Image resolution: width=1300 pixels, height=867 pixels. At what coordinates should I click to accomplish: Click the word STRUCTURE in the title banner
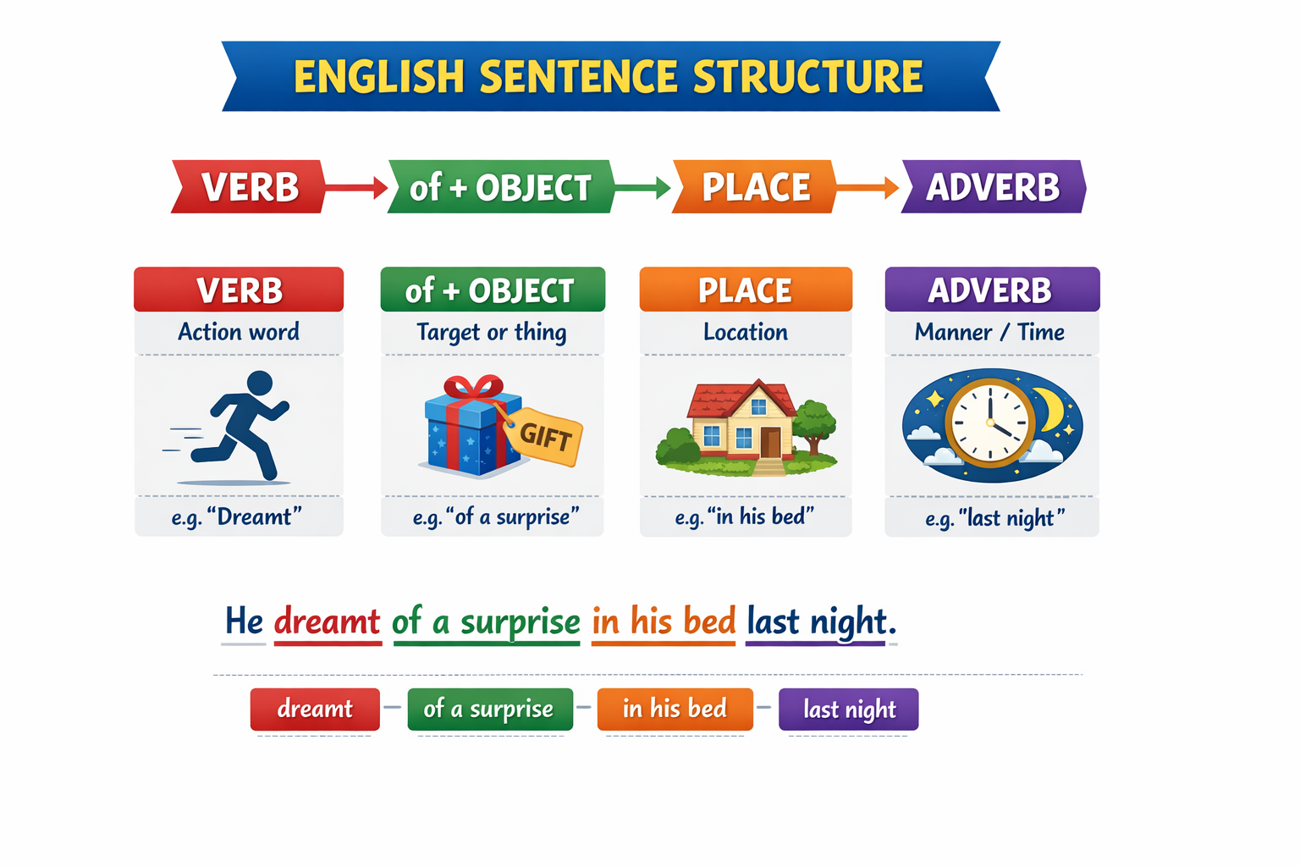pos(808,76)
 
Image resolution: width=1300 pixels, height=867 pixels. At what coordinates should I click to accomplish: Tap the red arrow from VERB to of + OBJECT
pos(355,187)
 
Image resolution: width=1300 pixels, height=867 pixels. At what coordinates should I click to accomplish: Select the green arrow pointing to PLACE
pos(642,187)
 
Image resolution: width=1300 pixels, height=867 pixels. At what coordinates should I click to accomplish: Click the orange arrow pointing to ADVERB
pos(868,187)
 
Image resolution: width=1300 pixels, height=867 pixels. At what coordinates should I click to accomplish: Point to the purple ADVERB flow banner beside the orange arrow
pos(994,186)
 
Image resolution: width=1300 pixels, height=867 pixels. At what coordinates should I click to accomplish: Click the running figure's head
pos(260,384)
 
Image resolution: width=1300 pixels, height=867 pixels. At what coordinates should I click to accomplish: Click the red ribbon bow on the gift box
pos(474,386)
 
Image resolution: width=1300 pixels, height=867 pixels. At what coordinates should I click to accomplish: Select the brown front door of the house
pos(770,443)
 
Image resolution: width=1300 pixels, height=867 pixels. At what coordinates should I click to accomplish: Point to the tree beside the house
pos(814,425)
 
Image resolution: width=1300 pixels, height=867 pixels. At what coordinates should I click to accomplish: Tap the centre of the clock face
pos(990,423)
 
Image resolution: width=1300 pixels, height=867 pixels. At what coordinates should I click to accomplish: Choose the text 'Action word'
pos(239,332)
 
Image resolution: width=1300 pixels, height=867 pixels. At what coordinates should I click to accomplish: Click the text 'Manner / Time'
pos(989,332)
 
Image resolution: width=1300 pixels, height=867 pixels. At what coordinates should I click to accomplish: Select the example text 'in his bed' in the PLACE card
pos(761,516)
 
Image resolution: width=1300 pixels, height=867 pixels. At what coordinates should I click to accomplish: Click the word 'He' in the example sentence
pos(244,621)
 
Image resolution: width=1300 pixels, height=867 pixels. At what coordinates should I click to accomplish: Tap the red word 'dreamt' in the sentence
pos(328,621)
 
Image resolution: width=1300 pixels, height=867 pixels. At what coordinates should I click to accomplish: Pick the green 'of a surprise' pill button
pos(490,709)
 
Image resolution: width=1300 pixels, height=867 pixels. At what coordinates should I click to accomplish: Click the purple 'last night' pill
pos(849,709)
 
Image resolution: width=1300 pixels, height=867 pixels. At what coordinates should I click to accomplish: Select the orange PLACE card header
pos(746,290)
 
